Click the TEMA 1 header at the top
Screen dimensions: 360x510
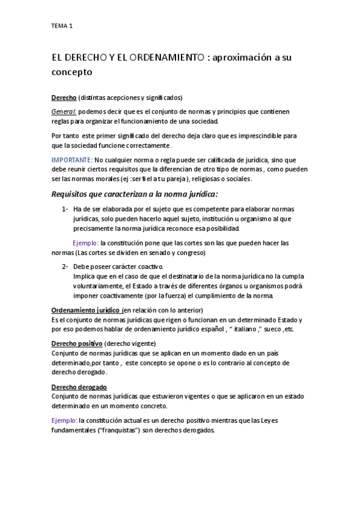[x=63, y=26]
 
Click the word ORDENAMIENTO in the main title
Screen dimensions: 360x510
[x=163, y=58]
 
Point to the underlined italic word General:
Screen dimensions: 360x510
[x=64, y=111]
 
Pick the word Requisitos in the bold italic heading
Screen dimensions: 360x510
[x=75, y=194]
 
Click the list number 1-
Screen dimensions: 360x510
[x=65, y=209]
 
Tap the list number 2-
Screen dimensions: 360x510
[x=65, y=266]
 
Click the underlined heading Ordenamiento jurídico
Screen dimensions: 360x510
[x=86, y=310]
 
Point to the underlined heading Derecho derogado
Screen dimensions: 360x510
[x=79, y=387]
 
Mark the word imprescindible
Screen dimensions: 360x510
[x=255, y=136]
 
